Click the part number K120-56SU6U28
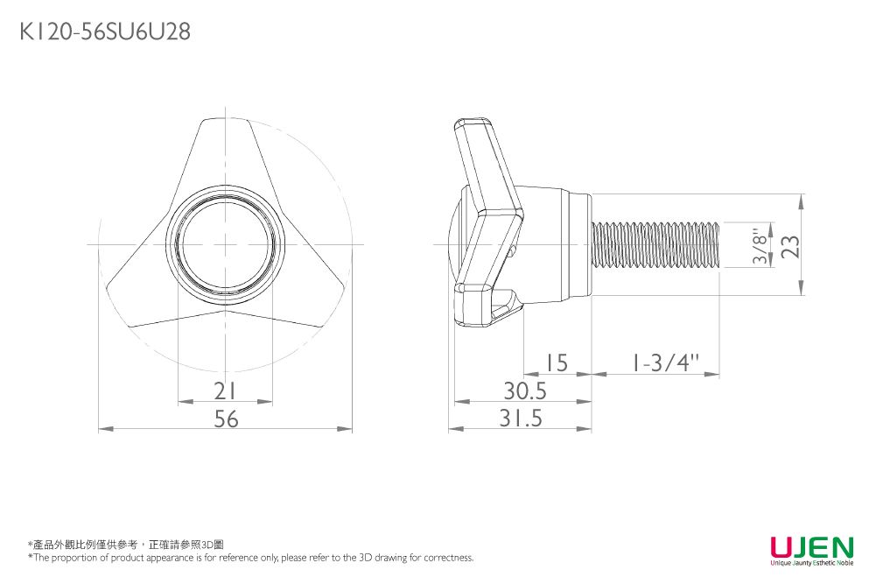105,32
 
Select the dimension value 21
225,391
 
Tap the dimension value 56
226,419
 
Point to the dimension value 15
557,363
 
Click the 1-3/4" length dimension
665,363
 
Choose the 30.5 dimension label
525,391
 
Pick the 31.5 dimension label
521,418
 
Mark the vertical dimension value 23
790,246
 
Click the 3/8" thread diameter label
760,245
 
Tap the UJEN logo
812,546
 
